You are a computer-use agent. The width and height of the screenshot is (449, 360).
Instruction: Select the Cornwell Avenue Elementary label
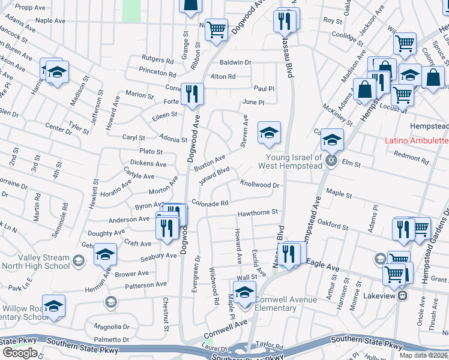[x=276, y=303]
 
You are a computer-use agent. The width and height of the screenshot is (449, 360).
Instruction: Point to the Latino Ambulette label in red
[x=417, y=141]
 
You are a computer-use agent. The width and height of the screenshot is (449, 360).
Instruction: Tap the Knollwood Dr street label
[x=260, y=184]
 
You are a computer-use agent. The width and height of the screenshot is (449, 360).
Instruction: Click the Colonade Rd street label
[x=210, y=203]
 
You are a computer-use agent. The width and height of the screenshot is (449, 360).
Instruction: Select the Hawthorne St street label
[x=257, y=212]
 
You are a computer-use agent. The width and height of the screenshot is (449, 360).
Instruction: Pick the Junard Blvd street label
[x=214, y=173]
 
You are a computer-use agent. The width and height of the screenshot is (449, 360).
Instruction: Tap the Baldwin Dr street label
[x=235, y=62]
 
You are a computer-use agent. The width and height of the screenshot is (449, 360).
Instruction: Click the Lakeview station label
[x=381, y=296]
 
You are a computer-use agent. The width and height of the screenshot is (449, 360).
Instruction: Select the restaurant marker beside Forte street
[x=192, y=95]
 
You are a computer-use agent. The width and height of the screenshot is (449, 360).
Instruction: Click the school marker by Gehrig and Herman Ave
[x=105, y=256]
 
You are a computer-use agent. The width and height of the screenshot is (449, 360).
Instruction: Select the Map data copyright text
[x=423, y=355]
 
